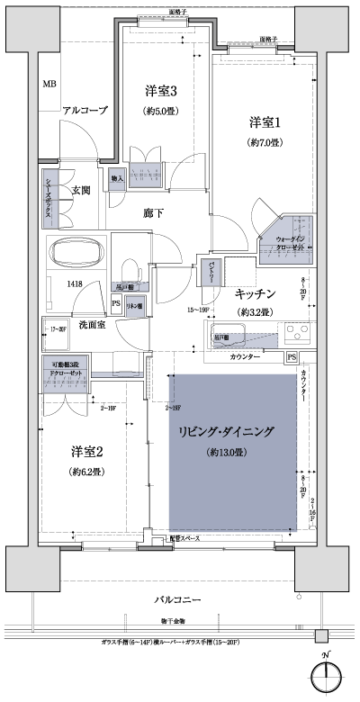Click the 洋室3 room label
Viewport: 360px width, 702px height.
click(x=160, y=90)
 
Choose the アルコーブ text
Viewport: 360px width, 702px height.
click(x=85, y=111)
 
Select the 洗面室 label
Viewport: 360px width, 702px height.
click(x=93, y=324)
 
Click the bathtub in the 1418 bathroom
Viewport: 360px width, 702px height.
click(x=76, y=255)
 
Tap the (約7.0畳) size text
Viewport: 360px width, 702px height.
click(x=265, y=143)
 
